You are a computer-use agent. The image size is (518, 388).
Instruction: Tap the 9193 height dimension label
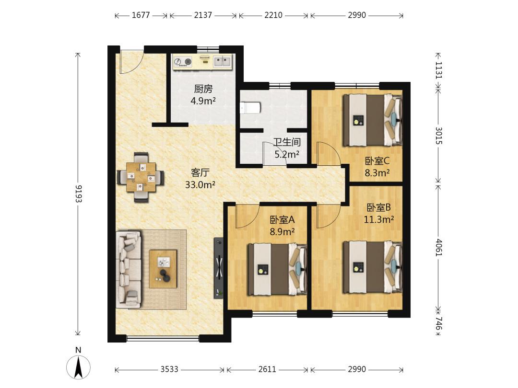tap(78, 194)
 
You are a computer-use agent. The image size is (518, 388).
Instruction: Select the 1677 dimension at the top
tap(141, 15)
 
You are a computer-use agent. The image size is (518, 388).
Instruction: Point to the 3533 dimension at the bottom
tap(169, 369)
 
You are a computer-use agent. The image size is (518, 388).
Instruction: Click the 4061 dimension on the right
tap(438, 247)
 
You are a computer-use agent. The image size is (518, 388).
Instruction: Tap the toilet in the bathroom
tap(250, 108)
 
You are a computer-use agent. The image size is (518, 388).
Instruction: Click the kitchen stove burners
tap(183, 62)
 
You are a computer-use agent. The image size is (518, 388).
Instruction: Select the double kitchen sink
tap(223, 61)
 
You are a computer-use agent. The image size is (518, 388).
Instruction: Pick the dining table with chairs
tap(141, 177)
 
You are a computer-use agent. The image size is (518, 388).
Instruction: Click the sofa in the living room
tap(129, 269)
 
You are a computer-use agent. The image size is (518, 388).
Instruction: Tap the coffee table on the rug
tap(163, 269)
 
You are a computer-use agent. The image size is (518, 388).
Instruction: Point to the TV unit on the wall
tap(218, 268)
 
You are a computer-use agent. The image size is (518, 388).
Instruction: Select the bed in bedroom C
tap(372, 120)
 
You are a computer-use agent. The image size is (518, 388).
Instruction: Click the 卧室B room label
tap(378, 207)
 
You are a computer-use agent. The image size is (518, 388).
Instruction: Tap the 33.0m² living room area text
tap(200, 185)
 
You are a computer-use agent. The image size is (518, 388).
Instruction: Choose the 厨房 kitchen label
tap(203, 89)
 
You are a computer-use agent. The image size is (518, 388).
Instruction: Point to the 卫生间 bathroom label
tap(287, 142)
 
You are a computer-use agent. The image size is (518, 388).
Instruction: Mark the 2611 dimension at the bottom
tap(267, 369)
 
